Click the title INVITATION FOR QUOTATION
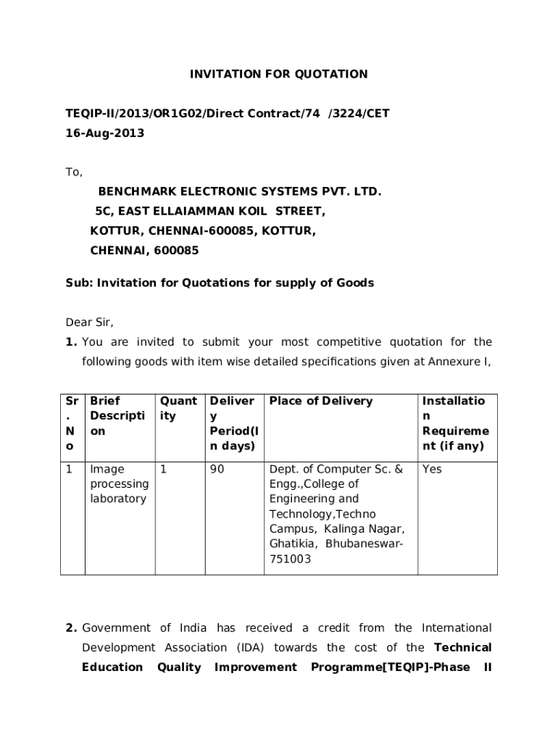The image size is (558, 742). click(278, 74)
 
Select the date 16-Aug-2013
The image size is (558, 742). click(105, 133)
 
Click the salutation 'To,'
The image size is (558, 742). click(74, 172)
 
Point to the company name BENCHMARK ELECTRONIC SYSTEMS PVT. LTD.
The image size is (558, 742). click(239, 192)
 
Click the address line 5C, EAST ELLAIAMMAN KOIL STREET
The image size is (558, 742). click(210, 212)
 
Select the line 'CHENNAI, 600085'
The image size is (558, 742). click(144, 251)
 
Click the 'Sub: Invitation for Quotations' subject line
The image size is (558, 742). click(220, 283)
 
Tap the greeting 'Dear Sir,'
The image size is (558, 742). click(90, 322)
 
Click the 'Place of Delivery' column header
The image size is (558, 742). click(320, 401)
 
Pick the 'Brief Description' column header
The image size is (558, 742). click(117, 416)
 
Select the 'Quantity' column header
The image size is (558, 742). click(178, 408)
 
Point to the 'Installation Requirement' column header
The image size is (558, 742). click(455, 423)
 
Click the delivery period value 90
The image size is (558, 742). click(217, 469)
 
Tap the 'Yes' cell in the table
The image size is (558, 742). click(432, 469)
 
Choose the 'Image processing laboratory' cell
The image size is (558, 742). click(119, 483)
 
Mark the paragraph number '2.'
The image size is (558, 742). click(71, 628)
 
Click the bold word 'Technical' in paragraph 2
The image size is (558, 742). click(462, 647)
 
